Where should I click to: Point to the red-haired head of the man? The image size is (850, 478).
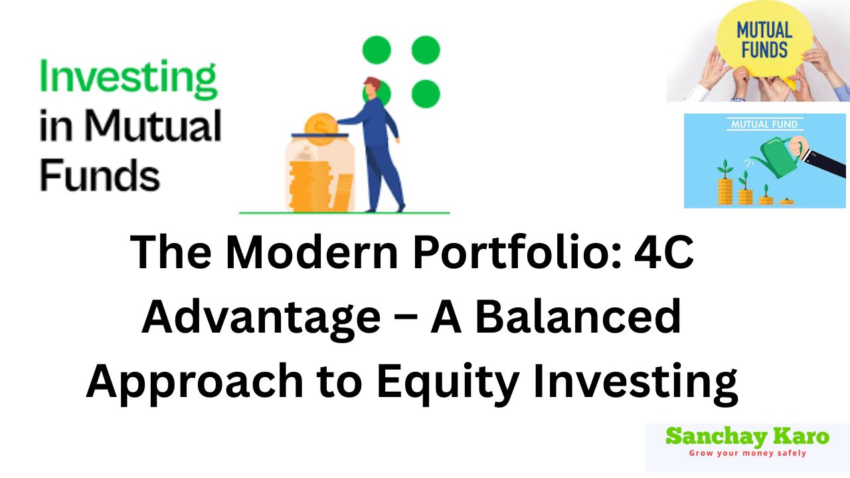pos(372,88)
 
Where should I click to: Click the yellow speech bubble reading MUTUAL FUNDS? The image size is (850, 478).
pos(763,40)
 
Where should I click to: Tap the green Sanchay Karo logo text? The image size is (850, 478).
pos(747,437)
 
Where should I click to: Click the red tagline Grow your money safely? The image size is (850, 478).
pos(747,453)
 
